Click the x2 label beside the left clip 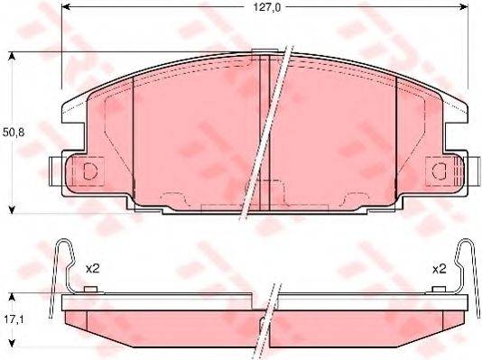(x=92, y=268)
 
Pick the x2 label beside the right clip (x=439, y=268)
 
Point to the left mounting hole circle (x=88, y=171)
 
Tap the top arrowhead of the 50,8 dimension (x=12, y=57)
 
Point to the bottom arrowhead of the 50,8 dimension (x=12, y=208)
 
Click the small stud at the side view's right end (x=439, y=289)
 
